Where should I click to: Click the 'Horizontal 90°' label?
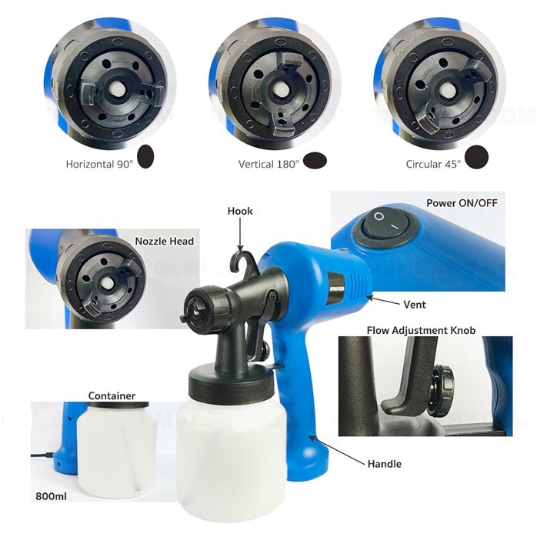coord(99,164)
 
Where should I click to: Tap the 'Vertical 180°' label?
coord(268,164)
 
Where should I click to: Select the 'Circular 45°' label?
coord(434,164)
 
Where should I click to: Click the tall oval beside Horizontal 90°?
coord(145,156)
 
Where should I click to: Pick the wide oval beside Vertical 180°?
coord(315,160)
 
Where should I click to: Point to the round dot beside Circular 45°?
coord(477,157)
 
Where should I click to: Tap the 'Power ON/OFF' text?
coord(462,203)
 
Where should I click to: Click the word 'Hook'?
coord(240,211)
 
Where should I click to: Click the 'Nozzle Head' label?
coord(165,241)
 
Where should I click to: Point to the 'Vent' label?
coord(415,305)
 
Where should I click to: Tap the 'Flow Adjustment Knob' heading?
coord(422,331)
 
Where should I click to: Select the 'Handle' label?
coord(385,464)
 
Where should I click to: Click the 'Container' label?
coord(112,396)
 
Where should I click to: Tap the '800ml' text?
coord(51,496)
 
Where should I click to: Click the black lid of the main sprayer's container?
coord(231,379)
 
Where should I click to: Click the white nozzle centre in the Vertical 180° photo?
coord(280,88)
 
